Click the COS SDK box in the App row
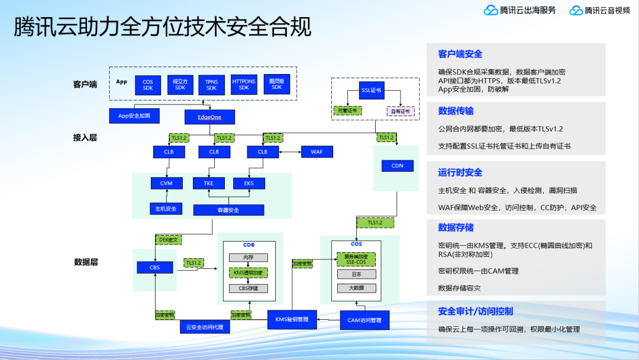(x=148, y=85)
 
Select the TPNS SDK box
(x=212, y=85)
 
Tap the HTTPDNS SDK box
(x=244, y=85)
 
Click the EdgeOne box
(x=209, y=117)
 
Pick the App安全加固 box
(x=134, y=115)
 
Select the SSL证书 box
(x=371, y=91)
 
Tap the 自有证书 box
(x=401, y=111)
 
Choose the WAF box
(x=317, y=152)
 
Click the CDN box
(x=397, y=165)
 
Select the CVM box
(x=166, y=184)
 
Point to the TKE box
(x=209, y=184)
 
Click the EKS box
(x=248, y=184)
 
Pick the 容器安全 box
(x=228, y=210)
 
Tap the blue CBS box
(x=154, y=268)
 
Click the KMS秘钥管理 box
(x=292, y=319)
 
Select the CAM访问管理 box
(x=364, y=320)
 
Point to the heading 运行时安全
(x=460, y=172)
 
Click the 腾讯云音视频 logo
(x=601, y=10)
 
